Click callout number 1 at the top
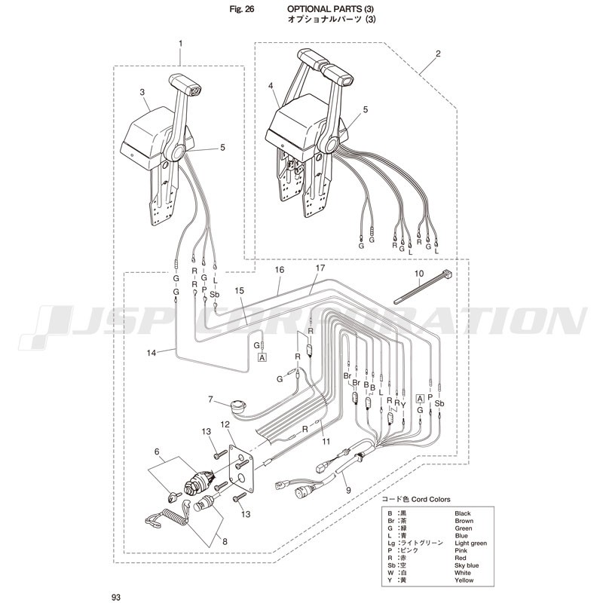[x=180, y=44]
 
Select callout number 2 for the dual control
[x=438, y=54]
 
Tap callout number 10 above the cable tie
[x=419, y=274]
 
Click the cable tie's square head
[x=447, y=275]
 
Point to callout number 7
[x=210, y=399]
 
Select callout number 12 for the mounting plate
[x=225, y=424]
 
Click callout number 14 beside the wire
[x=152, y=352]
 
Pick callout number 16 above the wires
[x=280, y=270]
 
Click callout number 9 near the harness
[x=348, y=491]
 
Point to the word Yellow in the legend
[x=464, y=580]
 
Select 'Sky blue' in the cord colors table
[x=467, y=565]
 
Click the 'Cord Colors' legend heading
[x=430, y=499]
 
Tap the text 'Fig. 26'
[x=241, y=9]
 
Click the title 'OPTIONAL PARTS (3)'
[x=331, y=9]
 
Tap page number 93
[x=116, y=597]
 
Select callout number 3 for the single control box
[x=142, y=92]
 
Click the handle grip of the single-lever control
[x=185, y=84]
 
